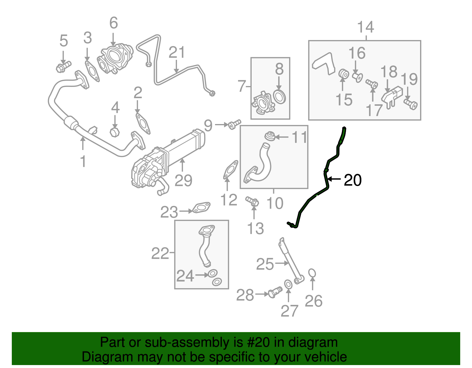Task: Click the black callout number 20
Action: (353, 180)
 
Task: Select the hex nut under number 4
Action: (114, 131)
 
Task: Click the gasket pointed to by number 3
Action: (92, 71)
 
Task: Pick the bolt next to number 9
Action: (234, 124)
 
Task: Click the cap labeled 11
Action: (270, 136)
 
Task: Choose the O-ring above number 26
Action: (312, 273)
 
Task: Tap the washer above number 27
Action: (288, 284)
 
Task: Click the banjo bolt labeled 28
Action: (275, 292)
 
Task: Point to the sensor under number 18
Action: (392, 98)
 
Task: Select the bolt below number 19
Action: (410, 104)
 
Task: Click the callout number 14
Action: (366, 27)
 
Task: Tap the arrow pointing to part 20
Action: (334, 179)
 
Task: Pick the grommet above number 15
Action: (344, 74)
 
